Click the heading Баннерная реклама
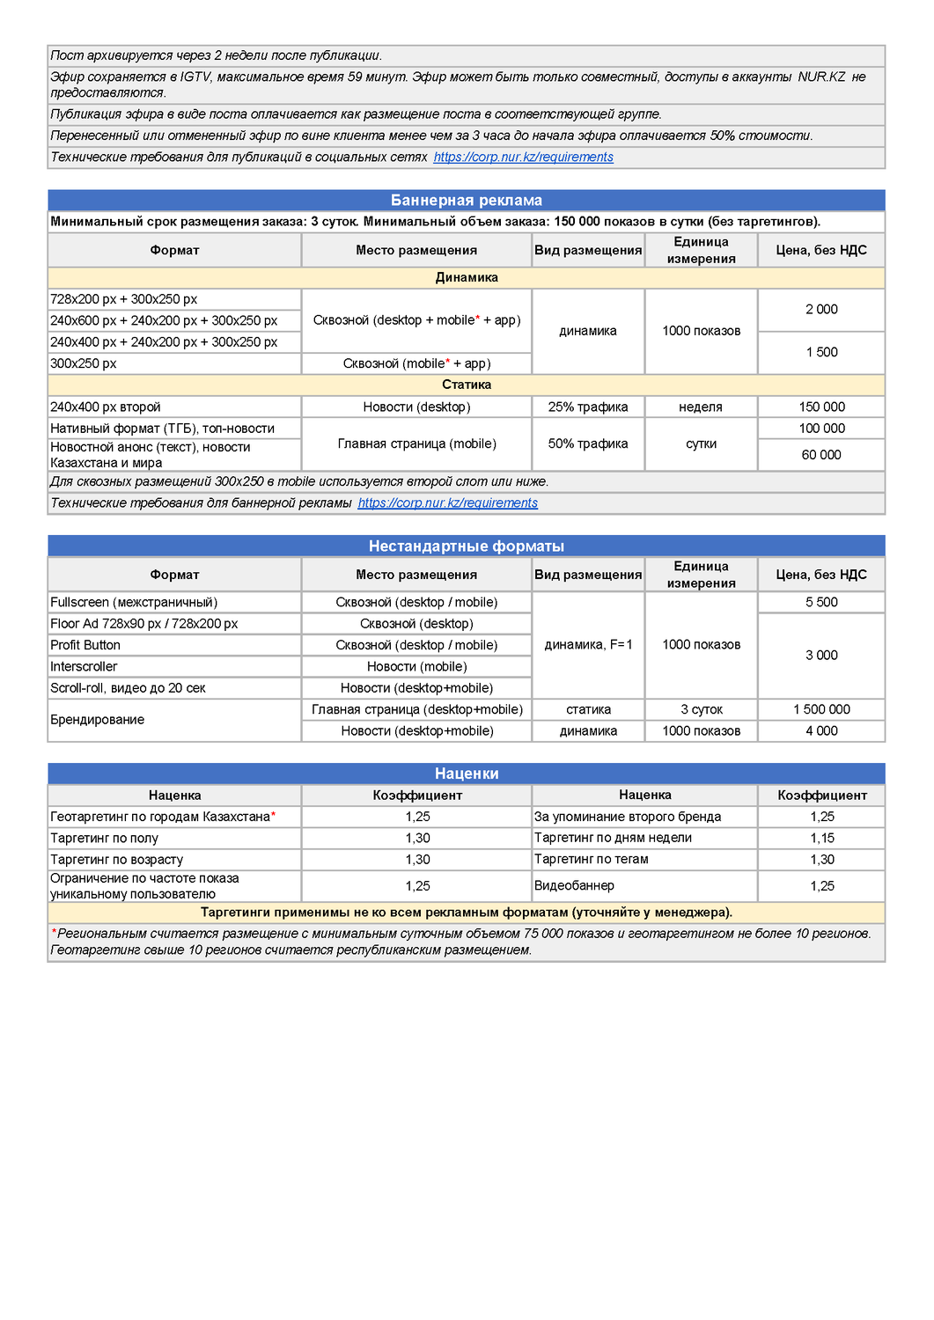(x=466, y=201)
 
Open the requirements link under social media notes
(x=523, y=157)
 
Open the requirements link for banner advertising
(x=447, y=502)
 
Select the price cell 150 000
(x=820, y=407)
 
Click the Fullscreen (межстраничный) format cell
(x=134, y=602)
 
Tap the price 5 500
(x=820, y=602)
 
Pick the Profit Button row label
(x=85, y=645)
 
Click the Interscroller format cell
(x=84, y=666)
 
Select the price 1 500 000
(x=820, y=709)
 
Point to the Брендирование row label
(x=97, y=720)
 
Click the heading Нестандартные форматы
(x=466, y=546)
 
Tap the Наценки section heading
(x=466, y=774)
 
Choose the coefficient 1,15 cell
(x=821, y=838)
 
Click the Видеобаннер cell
(x=574, y=885)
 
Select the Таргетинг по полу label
(x=104, y=838)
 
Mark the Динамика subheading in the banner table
(x=466, y=277)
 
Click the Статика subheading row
(x=466, y=385)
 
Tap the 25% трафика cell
(x=587, y=407)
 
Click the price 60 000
(x=820, y=454)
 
